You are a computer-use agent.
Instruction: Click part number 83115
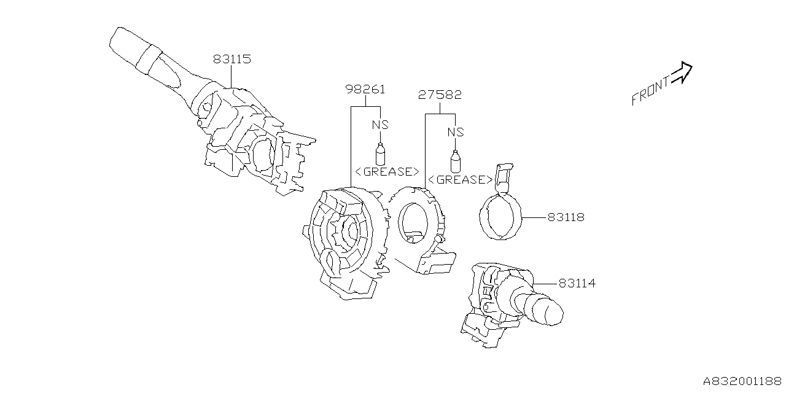(x=232, y=60)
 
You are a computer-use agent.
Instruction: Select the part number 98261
(x=365, y=90)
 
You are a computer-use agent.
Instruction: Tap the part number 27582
(x=440, y=95)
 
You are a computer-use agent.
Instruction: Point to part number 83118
(x=566, y=217)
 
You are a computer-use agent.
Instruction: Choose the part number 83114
(x=577, y=284)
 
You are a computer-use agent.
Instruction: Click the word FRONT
(x=651, y=91)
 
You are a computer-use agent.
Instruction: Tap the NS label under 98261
(x=381, y=125)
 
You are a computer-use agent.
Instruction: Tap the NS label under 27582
(x=455, y=132)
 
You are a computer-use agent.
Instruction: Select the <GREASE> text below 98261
(x=387, y=171)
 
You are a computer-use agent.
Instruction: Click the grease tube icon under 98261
(x=380, y=153)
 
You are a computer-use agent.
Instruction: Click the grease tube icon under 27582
(x=455, y=161)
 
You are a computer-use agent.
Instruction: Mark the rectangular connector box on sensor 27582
(x=437, y=263)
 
